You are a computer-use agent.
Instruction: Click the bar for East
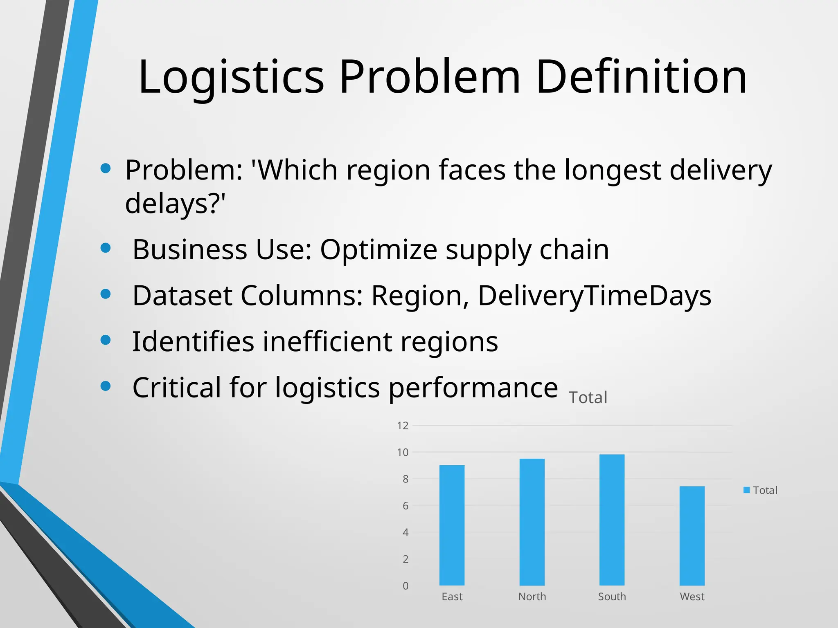click(x=452, y=525)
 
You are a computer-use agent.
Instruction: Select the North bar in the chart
click(x=532, y=522)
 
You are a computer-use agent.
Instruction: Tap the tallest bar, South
click(x=612, y=520)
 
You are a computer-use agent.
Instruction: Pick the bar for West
click(x=692, y=536)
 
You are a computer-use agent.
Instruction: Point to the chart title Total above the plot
click(x=588, y=397)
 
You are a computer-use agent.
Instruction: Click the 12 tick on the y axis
click(x=403, y=426)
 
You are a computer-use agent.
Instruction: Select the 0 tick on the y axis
click(x=405, y=586)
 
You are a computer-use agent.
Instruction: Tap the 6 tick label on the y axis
click(x=405, y=506)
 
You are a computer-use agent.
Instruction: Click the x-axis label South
click(x=612, y=597)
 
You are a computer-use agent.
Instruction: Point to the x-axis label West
click(x=692, y=597)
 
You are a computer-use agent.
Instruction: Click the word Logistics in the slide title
click(x=231, y=77)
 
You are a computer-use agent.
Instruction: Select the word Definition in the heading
click(x=641, y=77)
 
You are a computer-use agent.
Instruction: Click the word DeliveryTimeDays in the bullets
click(x=594, y=295)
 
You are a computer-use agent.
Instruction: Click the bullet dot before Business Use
click(x=106, y=248)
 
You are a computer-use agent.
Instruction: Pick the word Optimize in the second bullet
click(x=378, y=249)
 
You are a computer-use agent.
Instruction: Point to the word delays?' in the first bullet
click(x=175, y=203)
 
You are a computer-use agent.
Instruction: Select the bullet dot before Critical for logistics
click(x=106, y=386)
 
